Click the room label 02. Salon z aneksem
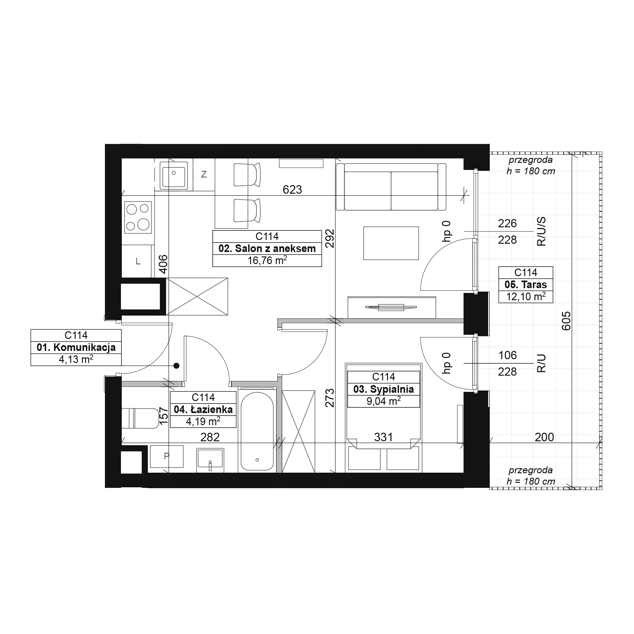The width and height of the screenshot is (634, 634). (267, 249)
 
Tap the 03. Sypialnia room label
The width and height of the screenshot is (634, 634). (383, 389)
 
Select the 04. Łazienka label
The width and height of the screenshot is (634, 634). (203, 410)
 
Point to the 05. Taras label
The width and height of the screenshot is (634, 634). (526, 285)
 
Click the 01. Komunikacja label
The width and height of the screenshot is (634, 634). (76, 347)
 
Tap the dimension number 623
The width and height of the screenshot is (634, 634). (292, 189)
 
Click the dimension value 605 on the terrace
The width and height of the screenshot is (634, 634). (566, 320)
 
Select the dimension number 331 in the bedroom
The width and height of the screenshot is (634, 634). (383, 437)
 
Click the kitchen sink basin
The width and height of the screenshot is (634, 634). (174, 177)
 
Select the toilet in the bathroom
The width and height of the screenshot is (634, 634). (140, 418)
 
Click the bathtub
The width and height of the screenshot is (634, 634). (257, 431)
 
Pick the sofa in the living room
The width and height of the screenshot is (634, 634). (391, 187)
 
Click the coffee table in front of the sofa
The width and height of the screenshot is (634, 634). (391, 243)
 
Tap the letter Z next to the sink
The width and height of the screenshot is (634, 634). (204, 175)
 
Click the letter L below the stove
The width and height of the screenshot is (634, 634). (138, 262)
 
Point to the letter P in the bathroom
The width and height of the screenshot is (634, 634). (167, 456)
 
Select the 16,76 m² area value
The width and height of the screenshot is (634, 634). (267, 260)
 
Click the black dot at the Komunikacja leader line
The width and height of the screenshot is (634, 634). (177, 366)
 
